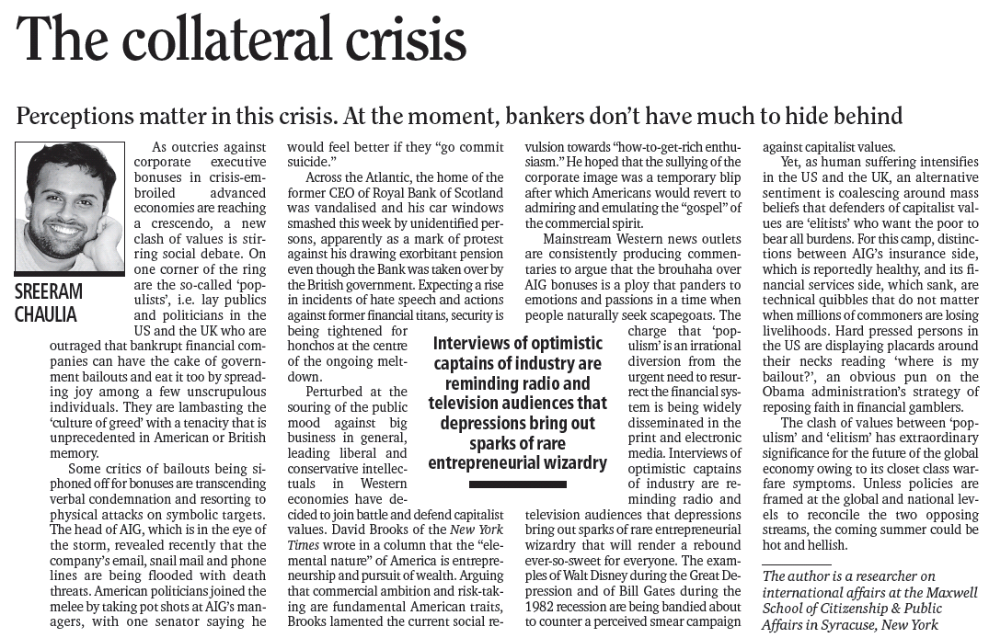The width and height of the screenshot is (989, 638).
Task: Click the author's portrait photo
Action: (x=69, y=207)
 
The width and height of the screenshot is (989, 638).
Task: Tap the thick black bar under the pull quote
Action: (x=517, y=484)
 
